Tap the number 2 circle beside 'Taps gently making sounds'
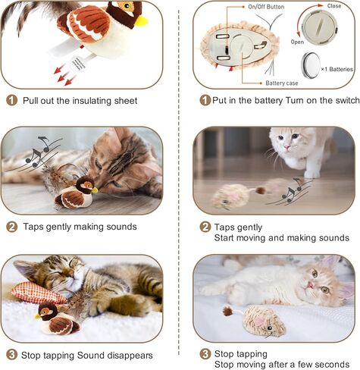tap(11, 226)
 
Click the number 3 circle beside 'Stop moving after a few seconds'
tap(205, 353)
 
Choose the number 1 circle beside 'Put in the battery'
tap(205, 100)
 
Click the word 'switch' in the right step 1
tap(337, 101)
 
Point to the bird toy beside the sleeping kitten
tap(57, 319)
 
